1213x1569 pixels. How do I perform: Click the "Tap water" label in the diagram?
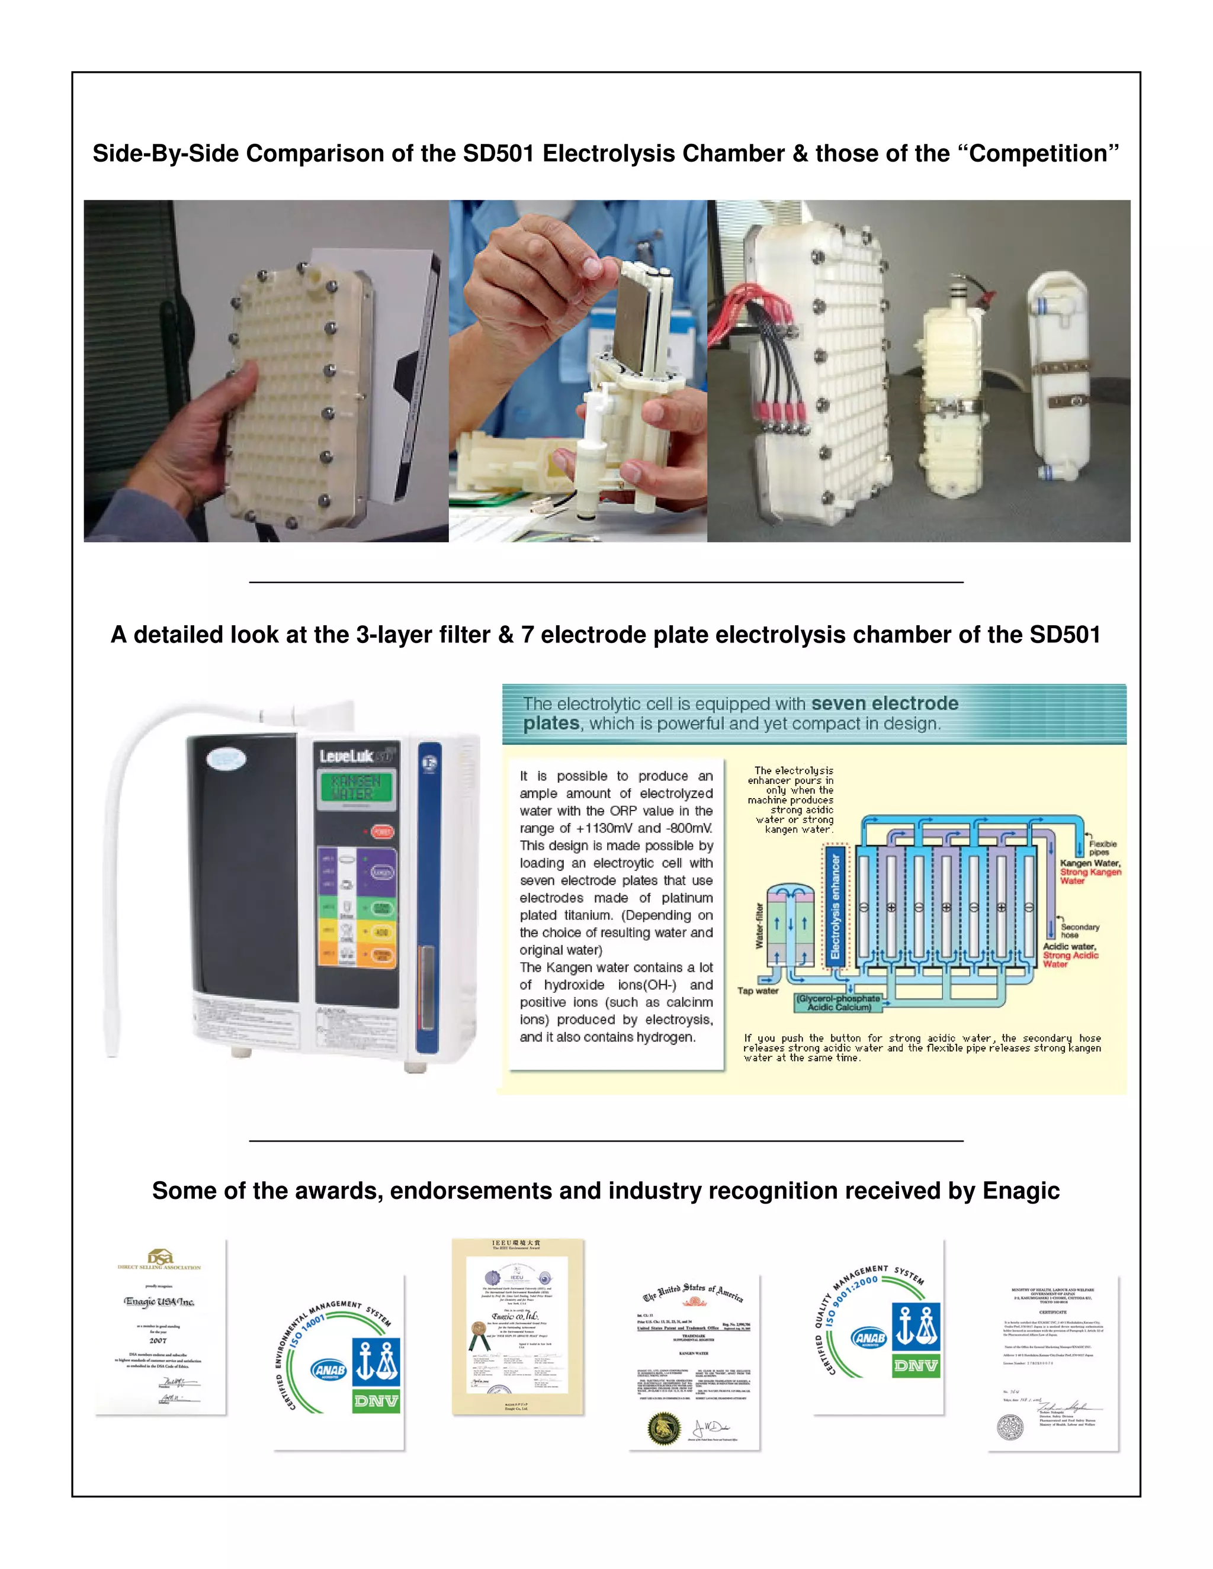758,991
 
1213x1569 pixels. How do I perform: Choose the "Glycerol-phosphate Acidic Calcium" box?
839,1003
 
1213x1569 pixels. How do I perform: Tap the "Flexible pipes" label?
1102,848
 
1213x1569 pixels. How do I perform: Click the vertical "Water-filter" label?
759,926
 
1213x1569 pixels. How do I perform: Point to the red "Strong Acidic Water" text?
1070,960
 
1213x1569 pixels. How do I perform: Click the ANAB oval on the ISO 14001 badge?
329,1370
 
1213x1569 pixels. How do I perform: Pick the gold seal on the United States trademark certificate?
663,1428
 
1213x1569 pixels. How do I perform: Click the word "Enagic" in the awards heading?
1021,1191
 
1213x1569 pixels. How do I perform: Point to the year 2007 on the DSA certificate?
158,1340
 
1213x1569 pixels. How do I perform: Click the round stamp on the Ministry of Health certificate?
1010,1427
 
